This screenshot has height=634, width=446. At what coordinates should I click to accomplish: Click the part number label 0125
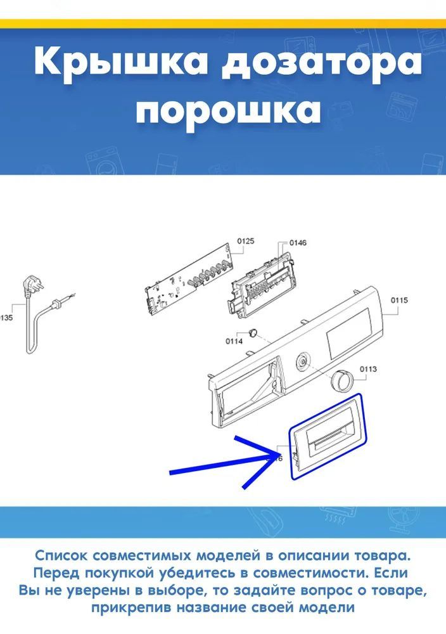(246, 242)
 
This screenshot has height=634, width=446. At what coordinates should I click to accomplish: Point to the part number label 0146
(298, 243)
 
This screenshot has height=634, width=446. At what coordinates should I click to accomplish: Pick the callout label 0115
(399, 300)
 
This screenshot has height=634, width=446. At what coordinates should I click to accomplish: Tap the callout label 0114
(234, 342)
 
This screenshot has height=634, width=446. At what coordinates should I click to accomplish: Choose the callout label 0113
(368, 369)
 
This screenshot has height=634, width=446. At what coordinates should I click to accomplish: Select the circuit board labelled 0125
(188, 280)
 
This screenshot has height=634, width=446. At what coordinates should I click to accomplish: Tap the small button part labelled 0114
(253, 332)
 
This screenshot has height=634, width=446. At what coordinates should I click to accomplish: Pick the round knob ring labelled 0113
(341, 380)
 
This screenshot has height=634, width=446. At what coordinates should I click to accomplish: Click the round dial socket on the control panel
(302, 360)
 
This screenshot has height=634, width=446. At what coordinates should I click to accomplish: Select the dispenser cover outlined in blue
(326, 436)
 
